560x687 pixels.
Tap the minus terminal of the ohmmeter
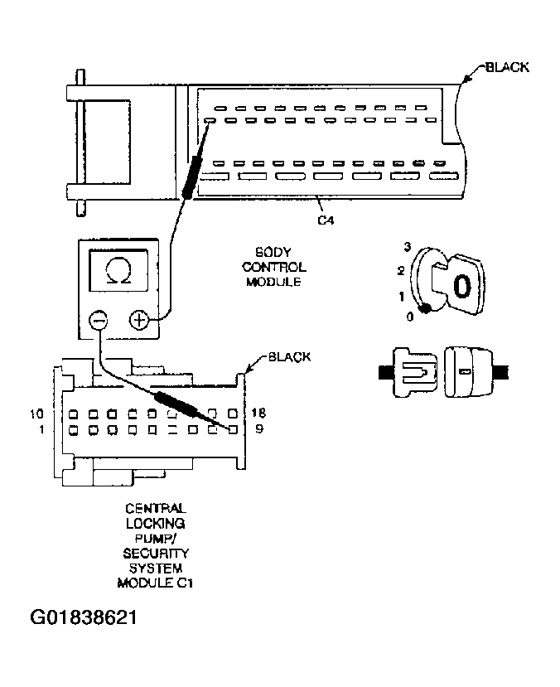pos(99,320)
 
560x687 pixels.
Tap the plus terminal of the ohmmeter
pos(139,320)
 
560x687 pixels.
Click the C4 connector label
pos(326,220)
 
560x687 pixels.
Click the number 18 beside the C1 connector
pos(258,413)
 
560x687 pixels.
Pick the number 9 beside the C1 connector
pos(258,429)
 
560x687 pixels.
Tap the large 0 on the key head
pos(462,286)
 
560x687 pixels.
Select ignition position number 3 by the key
pos(408,247)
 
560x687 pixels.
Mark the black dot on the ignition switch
pos(426,309)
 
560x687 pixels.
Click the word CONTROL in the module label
pos(277,268)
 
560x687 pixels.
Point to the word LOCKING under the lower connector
pos(155,524)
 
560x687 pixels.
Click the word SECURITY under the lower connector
pos(155,552)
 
